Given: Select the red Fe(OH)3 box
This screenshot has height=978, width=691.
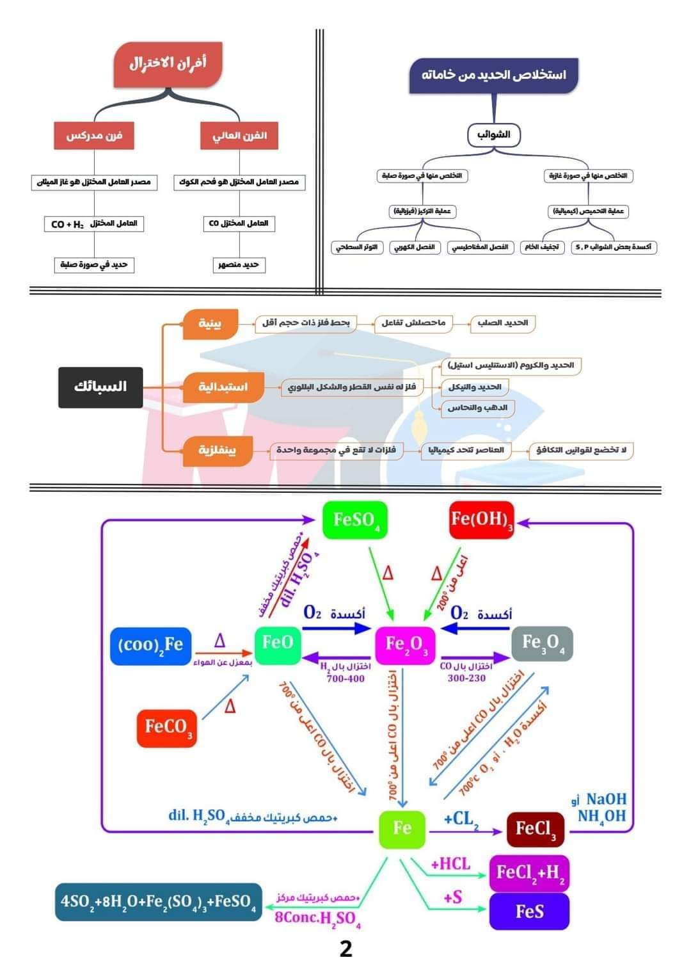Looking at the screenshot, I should [x=481, y=520].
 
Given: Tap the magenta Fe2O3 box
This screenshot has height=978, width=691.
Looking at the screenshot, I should [x=405, y=644].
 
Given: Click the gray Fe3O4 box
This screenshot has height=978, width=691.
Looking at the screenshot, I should [x=543, y=643].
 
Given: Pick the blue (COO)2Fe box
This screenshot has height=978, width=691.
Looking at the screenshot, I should [x=150, y=645].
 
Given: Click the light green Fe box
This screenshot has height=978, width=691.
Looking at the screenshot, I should [x=402, y=828].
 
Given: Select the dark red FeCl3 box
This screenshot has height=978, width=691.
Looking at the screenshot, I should [x=535, y=830].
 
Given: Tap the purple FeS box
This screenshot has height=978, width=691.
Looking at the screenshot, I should [x=529, y=911].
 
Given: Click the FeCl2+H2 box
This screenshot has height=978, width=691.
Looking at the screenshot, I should [x=529, y=872].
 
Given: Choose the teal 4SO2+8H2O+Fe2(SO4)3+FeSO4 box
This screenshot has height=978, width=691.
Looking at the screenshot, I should [x=158, y=902].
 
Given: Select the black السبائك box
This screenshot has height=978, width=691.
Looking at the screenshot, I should [x=100, y=387].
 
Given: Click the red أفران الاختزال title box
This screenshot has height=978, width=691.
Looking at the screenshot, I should [x=168, y=64].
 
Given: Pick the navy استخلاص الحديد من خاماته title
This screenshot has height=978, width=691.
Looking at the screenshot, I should [x=493, y=75].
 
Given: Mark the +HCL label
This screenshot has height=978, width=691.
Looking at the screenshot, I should [x=450, y=864].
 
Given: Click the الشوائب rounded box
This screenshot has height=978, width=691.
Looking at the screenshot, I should [x=493, y=134].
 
